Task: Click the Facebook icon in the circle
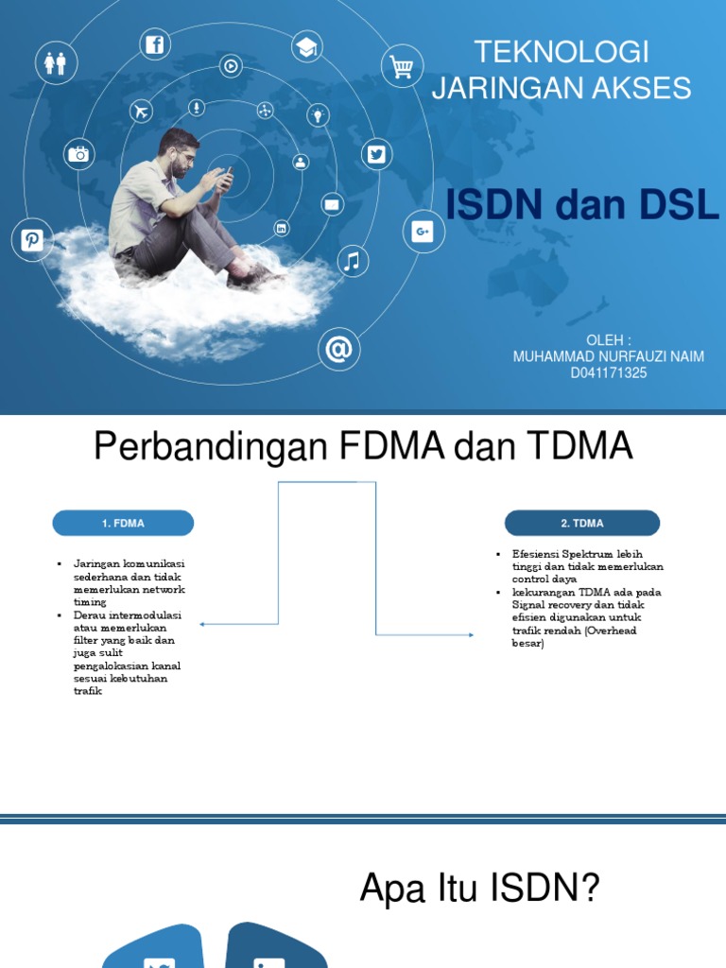point(154,44)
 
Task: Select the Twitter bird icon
point(376,155)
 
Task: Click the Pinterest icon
point(33,239)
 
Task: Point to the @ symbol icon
point(338,350)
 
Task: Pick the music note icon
point(352,261)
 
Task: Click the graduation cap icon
point(307,47)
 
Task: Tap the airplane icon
point(142,112)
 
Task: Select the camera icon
point(78,154)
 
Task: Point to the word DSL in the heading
point(676,205)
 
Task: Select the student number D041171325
point(608,373)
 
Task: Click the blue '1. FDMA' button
point(123,523)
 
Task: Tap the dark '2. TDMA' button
point(582,523)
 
